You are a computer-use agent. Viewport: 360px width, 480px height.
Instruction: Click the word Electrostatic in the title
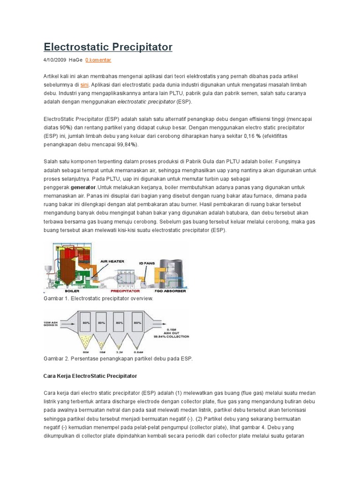coord(75,47)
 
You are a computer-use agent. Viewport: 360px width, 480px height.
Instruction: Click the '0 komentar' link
coord(98,60)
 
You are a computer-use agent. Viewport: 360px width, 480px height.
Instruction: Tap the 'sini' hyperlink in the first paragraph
coord(84,84)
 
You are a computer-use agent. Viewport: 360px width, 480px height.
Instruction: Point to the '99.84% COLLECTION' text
coord(174,336)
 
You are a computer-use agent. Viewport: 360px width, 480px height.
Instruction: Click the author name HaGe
coord(75,60)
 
